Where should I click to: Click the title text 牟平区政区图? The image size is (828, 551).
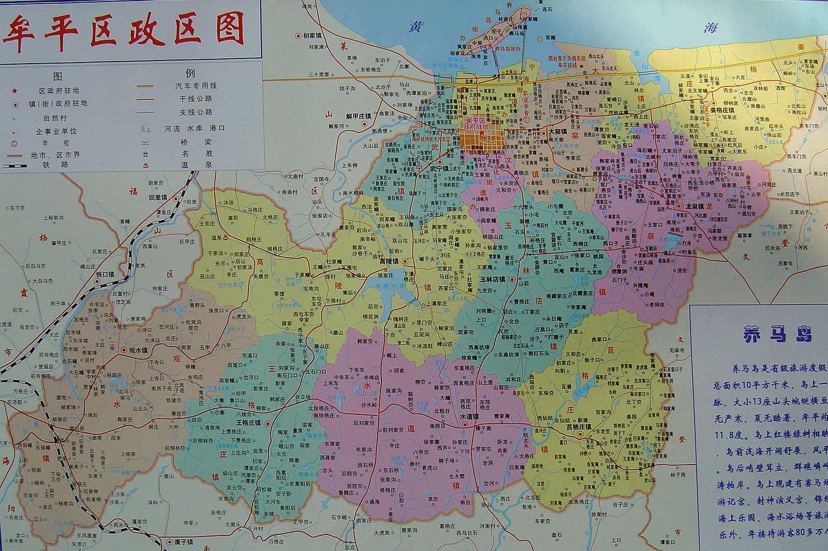click(124, 29)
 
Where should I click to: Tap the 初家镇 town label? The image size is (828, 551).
click(313, 36)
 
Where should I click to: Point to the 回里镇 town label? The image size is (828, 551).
click(159, 198)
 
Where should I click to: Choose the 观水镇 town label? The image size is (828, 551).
click(138, 350)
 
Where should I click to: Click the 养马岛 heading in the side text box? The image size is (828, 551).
click(777, 335)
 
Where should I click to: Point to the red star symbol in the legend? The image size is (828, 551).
click(16, 90)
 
